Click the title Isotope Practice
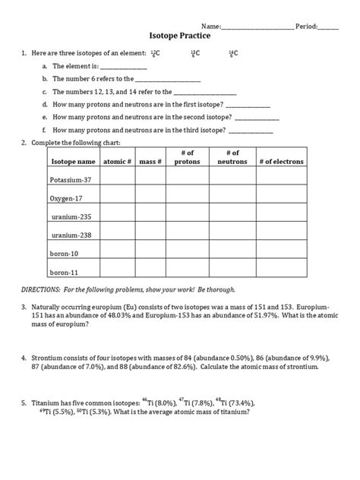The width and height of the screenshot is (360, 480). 179,35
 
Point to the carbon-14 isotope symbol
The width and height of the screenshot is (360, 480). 232,53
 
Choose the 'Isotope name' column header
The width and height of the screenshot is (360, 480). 73,162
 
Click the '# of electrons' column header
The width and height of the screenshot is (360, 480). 280,162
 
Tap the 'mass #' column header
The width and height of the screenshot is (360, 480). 150,162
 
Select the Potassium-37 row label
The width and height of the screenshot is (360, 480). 70,180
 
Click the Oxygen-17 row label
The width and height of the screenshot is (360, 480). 67,198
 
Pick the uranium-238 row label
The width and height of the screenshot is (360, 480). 71,235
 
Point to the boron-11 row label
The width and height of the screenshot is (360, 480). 65,271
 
